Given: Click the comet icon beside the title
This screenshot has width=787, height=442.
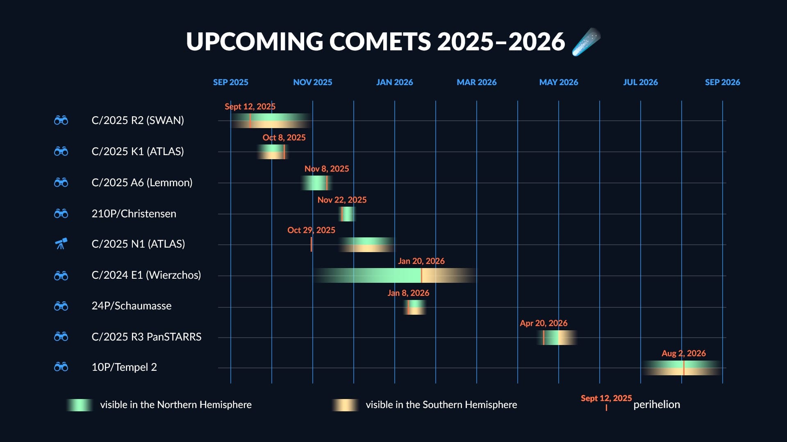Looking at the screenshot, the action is pyautogui.click(x=586, y=42).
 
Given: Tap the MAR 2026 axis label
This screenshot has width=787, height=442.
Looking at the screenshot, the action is pyautogui.click(x=477, y=82).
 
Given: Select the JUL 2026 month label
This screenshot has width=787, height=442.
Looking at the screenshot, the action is pyautogui.click(x=640, y=82).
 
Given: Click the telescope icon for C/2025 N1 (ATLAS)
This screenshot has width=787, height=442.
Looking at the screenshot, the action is pyautogui.click(x=61, y=244).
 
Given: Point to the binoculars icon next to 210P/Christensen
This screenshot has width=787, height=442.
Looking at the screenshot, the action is pyautogui.click(x=61, y=213).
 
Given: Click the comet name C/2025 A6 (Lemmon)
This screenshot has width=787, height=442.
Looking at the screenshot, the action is pyautogui.click(x=142, y=183).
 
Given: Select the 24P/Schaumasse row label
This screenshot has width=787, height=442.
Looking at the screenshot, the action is pyautogui.click(x=132, y=306).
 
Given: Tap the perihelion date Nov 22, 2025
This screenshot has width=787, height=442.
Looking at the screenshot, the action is pyautogui.click(x=342, y=200).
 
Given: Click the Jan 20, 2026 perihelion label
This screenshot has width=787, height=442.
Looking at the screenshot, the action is pyautogui.click(x=421, y=261).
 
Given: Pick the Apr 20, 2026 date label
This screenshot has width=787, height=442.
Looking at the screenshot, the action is pyautogui.click(x=544, y=323).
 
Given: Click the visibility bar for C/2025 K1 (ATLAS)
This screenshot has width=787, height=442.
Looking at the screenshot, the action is pyautogui.click(x=273, y=152).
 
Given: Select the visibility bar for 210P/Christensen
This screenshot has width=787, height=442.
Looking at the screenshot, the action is pyautogui.click(x=348, y=214).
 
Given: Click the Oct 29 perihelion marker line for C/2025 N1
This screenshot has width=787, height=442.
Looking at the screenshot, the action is pyautogui.click(x=311, y=244).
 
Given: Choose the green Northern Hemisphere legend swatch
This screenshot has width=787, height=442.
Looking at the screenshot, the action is pyautogui.click(x=80, y=405).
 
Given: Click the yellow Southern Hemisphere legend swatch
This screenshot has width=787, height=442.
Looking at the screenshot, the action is pyautogui.click(x=345, y=405).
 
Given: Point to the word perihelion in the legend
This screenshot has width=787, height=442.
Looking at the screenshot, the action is pyautogui.click(x=657, y=404).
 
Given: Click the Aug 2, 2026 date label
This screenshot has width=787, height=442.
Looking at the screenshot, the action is pyautogui.click(x=684, y=353).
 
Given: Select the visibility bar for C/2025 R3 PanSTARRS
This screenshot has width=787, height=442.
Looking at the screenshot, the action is pyautogui.click(x=557, y=338).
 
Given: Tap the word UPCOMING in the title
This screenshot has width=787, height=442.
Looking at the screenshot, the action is pyautogui.click(x=255, y=42).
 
